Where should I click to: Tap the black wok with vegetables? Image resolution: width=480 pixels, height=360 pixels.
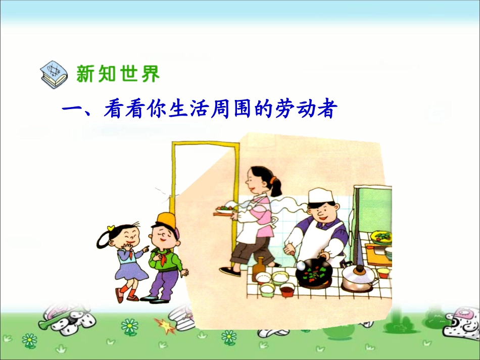click(x=314, y=274)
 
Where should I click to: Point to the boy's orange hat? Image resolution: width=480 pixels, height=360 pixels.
click(x=166, y=220)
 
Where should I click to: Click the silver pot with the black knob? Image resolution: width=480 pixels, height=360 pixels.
click(x=359, y=278)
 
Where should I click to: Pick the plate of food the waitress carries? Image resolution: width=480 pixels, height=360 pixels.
click(x=226, y=209)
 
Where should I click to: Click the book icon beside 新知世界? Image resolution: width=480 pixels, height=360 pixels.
click(x=53, y=74)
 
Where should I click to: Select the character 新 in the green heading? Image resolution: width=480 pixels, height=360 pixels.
click(x=86, y=74)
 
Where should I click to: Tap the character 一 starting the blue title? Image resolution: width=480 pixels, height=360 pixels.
click(x=71, y=110)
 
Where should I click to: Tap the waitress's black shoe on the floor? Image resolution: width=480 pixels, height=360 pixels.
click(x=230, y=271)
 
